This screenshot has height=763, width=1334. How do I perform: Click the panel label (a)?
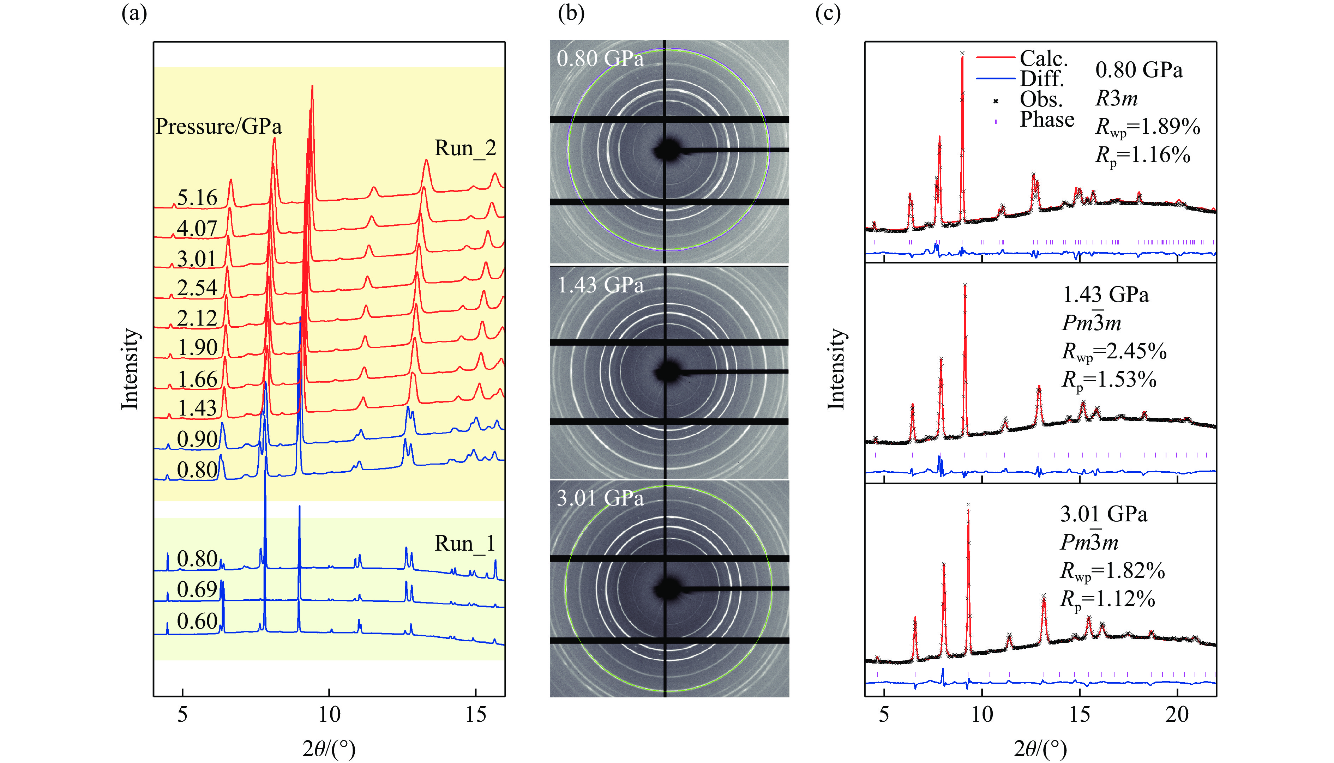(134, 13)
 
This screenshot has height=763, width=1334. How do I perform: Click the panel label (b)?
(571, 13)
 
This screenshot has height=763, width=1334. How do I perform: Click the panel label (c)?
(828, 13)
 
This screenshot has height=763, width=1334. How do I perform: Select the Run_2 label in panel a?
(465, 148)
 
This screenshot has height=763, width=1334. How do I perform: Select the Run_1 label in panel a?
(465, 544)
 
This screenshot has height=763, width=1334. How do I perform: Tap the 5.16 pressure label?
(197, 198)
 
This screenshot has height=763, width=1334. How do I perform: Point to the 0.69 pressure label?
(197, 589)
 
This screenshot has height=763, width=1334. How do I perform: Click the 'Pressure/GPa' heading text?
(218, 126)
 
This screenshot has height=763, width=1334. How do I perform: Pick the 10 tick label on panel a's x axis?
(329, 714)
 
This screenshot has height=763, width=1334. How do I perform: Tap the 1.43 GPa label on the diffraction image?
(600, 285)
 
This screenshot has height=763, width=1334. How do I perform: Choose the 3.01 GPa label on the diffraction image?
(600, 498)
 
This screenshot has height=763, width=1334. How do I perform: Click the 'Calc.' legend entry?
(1043, 58)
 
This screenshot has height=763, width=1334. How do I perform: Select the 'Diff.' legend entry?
(1041, 79)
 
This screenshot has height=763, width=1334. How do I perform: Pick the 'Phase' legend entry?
(1047, 120)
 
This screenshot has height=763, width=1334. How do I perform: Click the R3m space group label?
(1117, 98)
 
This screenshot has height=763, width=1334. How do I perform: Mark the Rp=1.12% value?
(1107, 599)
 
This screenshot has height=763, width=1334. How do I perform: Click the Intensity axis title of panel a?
(130, 368)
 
